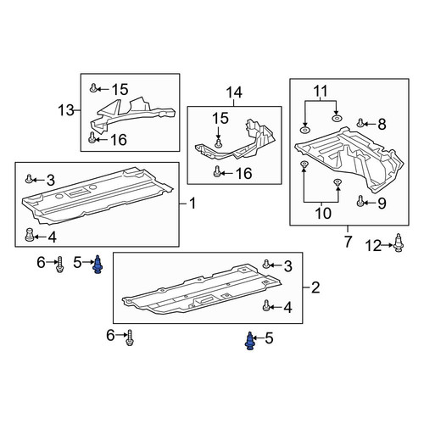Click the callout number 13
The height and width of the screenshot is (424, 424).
66,110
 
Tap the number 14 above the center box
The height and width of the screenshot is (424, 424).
234,92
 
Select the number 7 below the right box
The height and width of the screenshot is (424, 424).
348,242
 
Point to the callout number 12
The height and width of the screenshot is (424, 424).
373,246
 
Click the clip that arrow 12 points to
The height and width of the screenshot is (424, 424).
399,243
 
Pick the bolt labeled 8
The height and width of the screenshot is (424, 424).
360,123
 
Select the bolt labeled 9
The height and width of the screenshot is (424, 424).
360,201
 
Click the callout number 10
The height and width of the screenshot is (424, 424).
323,213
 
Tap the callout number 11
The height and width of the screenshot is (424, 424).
321,91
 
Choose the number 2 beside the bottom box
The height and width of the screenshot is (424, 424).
315,287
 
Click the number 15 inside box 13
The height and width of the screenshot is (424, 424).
120,89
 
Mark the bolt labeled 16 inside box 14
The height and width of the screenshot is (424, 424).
217,171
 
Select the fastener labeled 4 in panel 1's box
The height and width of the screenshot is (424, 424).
30,235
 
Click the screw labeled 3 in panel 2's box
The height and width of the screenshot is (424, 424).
265,265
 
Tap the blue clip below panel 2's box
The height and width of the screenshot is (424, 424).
249,341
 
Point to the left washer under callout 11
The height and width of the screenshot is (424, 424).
304,130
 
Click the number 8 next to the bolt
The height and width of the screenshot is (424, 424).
382,124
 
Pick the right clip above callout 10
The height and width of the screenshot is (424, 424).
338,181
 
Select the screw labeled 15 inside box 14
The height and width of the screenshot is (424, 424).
217,143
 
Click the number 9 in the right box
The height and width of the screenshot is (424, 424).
382,204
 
